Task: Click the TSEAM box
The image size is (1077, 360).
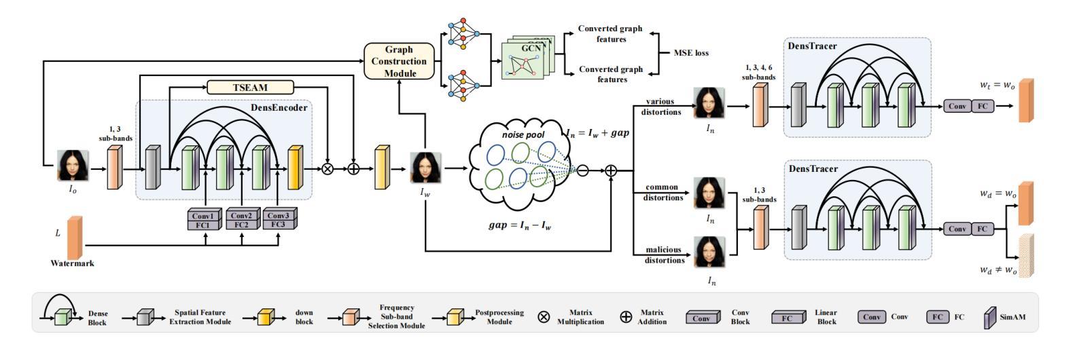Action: pyautogui.click(x=250, y=88)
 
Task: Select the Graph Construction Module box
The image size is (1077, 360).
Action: pyautogui.click(x=399, y=61)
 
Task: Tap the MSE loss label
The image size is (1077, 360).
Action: pyautogui.click(x=691, y=53)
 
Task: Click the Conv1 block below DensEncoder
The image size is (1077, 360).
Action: pyautogui.click(x=204, y=215)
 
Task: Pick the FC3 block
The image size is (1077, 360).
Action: pyautogui.click(x=279, y=224)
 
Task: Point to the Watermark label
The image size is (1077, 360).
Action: pyautogui.click(x=72, y=264)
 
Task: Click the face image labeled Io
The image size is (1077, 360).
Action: pyautogui.click(x=73, y=165)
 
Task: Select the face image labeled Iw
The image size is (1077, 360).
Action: pyautogui.click(x=425, y=168)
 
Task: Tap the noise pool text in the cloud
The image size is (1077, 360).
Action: pyautogui.click(x=523, y=135)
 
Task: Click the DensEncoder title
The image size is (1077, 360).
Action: pyautogui.click(x=279, y=108)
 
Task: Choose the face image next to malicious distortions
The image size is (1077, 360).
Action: pyautogui.click(x=709, y=252)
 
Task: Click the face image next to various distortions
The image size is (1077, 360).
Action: pyautogui.click(x=709, y=103)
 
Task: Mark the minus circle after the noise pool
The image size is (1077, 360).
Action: pyautogui.click(x=583, y=170)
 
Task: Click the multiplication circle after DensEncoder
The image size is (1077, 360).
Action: pyautogui.click(x=328, y=168)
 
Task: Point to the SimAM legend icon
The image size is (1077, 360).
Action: pyautogui.click(x=990, y=318)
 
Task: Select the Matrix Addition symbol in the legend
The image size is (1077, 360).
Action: pyautogui.click(x=626, y=317)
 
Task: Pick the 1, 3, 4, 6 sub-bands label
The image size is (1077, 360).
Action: pyautogui.click(x=759, y=72)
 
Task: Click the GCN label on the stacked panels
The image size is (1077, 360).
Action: pyautogui.click(x=531, y=48)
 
